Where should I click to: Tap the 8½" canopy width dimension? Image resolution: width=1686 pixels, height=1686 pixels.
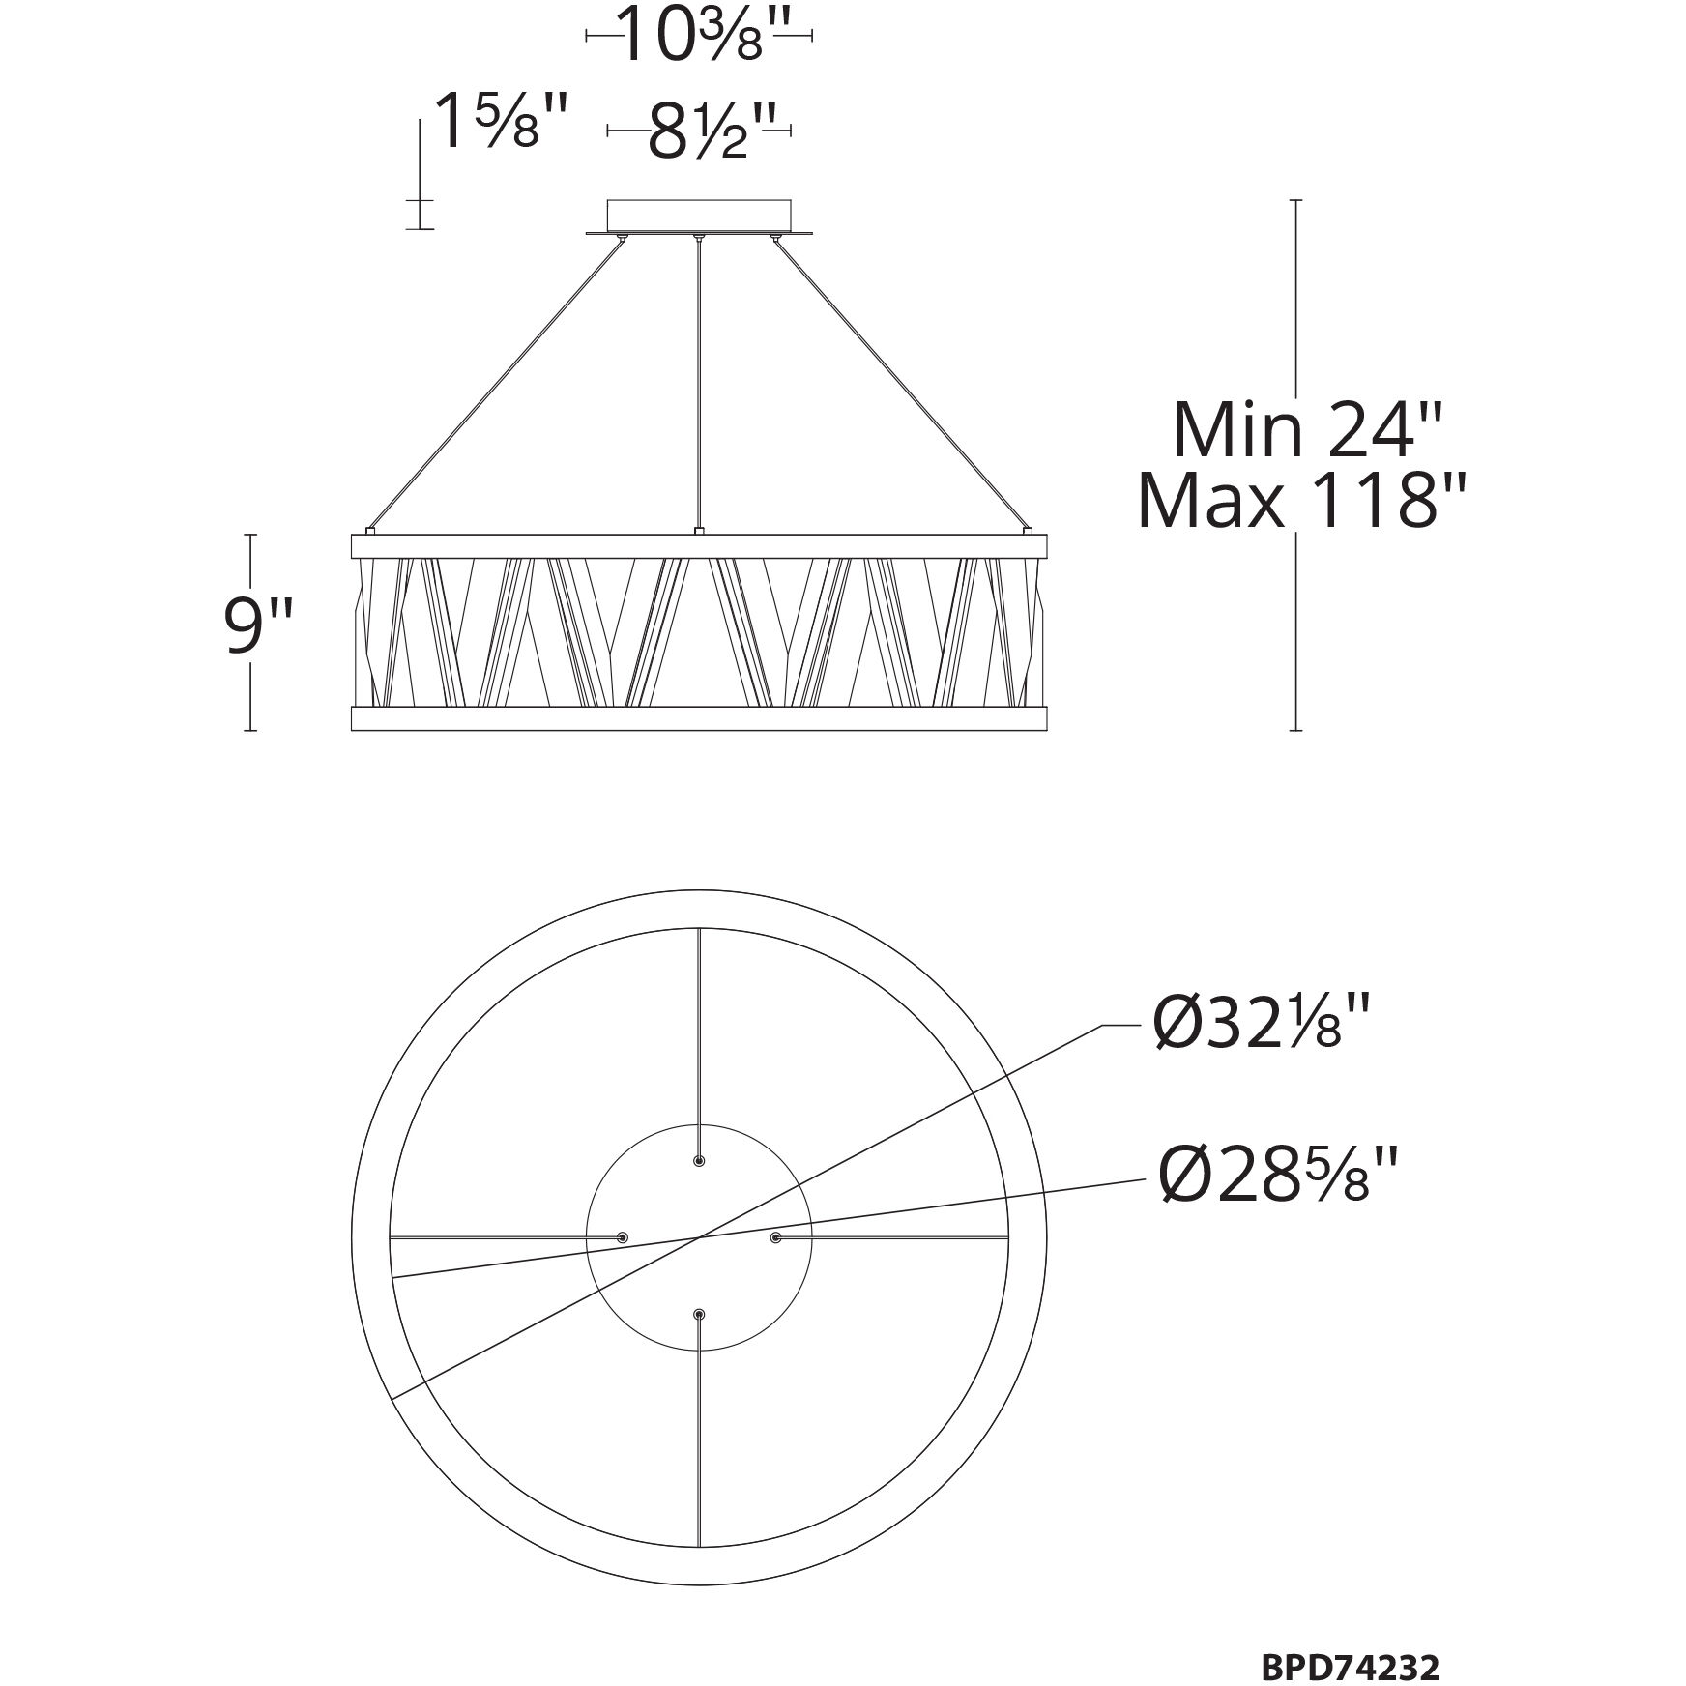[x=698, y=131]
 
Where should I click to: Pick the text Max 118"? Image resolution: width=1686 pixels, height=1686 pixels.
[x=1301, y=502]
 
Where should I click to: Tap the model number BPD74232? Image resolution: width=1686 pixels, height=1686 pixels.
[x=1350, y=1641]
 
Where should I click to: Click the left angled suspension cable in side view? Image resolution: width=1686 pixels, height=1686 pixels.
[x=498, y=382]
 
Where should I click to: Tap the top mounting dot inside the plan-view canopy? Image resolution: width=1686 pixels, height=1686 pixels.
[x=699, y=1160]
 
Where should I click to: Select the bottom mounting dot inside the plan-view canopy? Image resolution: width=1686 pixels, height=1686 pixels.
[x=699, y=1315]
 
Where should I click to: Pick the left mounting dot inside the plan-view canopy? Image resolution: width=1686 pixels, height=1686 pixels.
[x=623, y=1237]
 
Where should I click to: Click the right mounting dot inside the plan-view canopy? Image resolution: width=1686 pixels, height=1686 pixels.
[x=775, y=1237]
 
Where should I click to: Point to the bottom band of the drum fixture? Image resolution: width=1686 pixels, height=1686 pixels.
[x=698, y=718]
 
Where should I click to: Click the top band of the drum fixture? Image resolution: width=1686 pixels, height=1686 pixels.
[x=698, y=545]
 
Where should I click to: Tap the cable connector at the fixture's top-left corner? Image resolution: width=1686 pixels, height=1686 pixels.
[x=369, y=530]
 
